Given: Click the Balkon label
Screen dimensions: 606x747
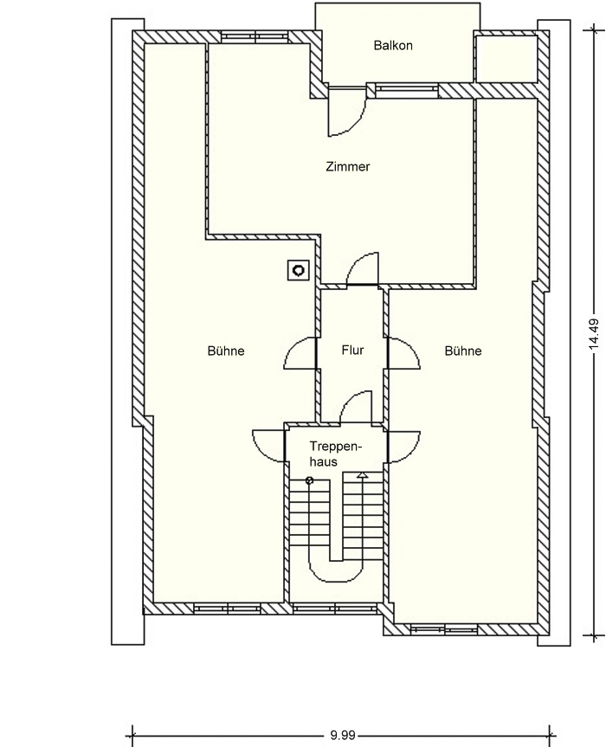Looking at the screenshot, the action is pyautogui.click(x=393, y=46).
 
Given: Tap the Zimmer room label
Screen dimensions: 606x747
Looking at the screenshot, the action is pyautogui.click(x=348, y=167).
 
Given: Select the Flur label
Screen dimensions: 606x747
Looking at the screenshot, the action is pyautogui.click(x=352, y=351).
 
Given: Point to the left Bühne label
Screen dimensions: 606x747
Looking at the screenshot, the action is pyautogui.click(x=226, y=351).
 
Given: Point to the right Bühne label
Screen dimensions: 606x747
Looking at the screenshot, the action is pyautogui.click(x=463, y=351).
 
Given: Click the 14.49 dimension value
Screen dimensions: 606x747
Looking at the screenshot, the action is pyautogui.click(x=594, y=334).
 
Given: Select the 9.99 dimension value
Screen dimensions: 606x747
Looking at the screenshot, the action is pyautogui.click(x=343, y=736).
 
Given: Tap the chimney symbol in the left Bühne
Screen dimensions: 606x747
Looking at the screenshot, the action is pyautogui.click(x=299, y=271).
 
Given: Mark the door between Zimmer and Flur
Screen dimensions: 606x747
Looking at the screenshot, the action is pyautogui.click(x=363, y=270).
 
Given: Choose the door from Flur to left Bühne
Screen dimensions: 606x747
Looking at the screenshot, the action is pyautogui.click(x=300, y=353).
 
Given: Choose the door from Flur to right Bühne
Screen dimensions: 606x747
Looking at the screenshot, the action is pyautogui.click(x=403, y=353).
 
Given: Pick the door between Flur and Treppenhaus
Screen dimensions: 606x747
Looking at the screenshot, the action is pyautogui.click(x=356, y=407).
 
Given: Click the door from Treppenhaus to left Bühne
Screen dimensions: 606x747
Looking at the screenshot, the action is pyautogui.click(x=269, y=446).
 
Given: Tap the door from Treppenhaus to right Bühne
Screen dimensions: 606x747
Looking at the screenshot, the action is pyautogui.click(x=403, y=446).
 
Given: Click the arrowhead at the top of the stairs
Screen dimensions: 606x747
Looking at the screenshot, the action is pyautogui.click(x=363, y=474).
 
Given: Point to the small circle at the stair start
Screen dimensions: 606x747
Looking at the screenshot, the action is pyautogui.click(x=310, y=480).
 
